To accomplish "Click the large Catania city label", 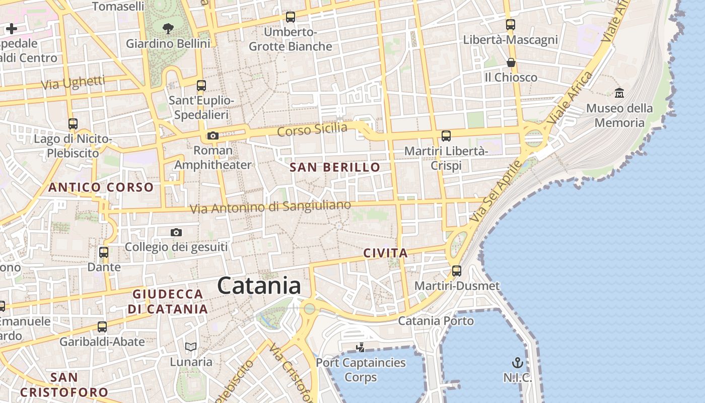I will pos(259,286).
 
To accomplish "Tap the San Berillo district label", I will pos(335,167).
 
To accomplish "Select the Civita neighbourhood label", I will pos(385,253).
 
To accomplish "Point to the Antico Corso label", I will pos(101,187).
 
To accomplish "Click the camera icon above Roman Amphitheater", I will pos(213,136).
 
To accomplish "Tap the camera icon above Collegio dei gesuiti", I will pos(176,232).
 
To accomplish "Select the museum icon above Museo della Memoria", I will pos(619,93).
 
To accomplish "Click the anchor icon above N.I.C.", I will pos(517,363).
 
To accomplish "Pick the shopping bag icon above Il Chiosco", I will pos(511,62).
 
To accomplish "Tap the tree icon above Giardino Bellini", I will pos(168,29).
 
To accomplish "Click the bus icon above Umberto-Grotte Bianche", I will pos(291,17).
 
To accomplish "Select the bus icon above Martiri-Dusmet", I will pos(457,271).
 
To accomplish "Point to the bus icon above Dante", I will pos(104,252).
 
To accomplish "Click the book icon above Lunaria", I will pos(191,347).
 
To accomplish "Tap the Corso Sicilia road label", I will pos(312,129).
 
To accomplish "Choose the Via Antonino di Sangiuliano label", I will pos(270,207).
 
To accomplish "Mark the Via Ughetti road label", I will pos(73,83).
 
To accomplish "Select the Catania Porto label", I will pos(436,321).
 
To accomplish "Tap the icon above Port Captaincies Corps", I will pos(360,347).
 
